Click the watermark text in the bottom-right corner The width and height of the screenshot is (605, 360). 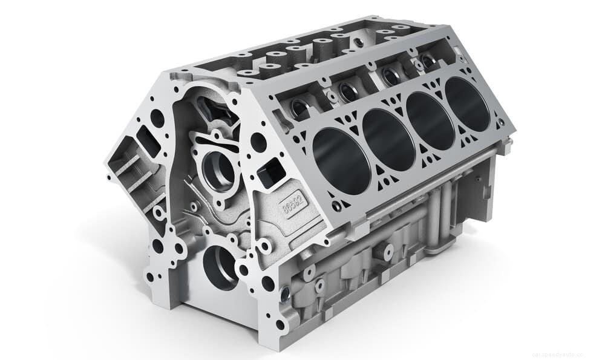pyautogui.click(x=565, y=354)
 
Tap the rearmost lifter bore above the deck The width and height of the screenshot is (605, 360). pyautogui.click(x=428, y=61)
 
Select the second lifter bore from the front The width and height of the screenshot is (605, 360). pyautogui.click(x=348, y=91)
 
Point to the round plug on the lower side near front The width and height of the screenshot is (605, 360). pyautogui.click(x=285, y=295)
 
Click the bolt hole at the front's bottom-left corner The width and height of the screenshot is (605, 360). pyautogui.click(x=149, y=277)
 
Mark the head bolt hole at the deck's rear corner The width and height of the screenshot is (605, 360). pyautogui.click(x=502, y=123)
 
